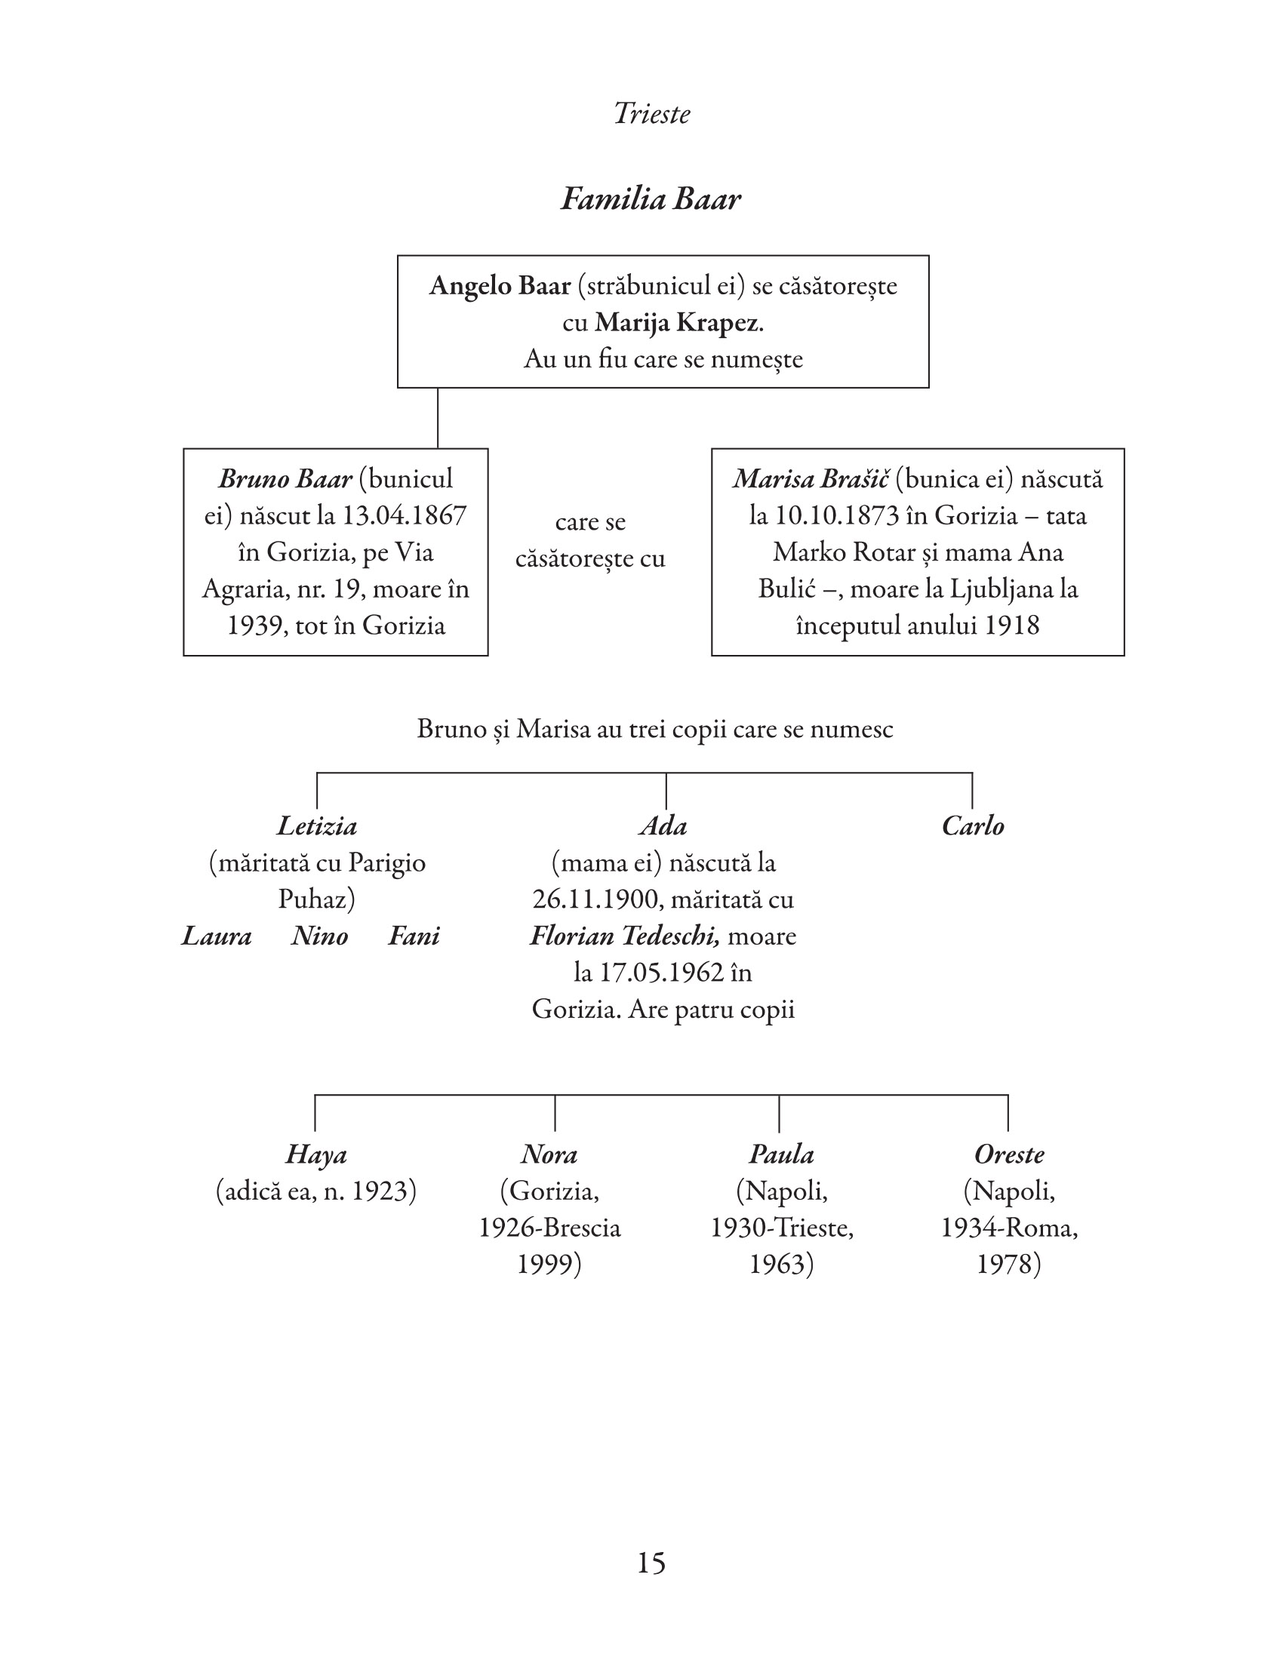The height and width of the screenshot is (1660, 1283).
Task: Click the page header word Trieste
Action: [651, 114]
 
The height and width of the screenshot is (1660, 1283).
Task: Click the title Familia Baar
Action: [651, 199]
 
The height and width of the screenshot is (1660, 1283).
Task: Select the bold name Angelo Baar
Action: [500, 286]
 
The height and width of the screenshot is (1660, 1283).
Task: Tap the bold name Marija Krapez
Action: [677, 323]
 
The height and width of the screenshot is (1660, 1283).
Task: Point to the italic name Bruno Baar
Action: [285, 479]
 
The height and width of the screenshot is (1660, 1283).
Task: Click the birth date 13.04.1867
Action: [404, 515]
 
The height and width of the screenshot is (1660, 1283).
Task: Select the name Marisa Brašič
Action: [811, 479]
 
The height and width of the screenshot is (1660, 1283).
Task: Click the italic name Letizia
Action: [317, 826]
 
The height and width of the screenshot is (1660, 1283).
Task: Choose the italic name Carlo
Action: [973, 826]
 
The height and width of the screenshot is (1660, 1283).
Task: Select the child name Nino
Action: [319, 936]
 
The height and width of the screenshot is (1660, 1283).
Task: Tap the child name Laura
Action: [217, 936]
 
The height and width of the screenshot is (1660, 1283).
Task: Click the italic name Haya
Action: [316, 1154]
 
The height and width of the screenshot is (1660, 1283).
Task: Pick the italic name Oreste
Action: [1009, 1154]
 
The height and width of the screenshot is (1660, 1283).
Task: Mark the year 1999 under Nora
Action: [549, 1264]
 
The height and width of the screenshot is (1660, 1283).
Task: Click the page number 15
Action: [651, 1563]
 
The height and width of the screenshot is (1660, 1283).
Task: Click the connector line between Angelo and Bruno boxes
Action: [438, 418]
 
